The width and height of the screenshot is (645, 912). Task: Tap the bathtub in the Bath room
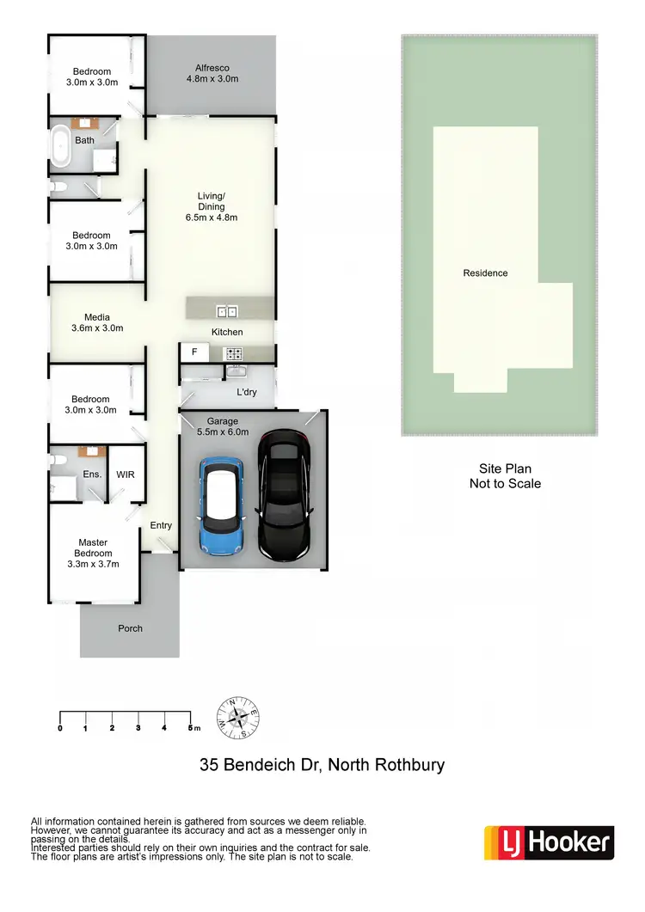(x=62, y=147)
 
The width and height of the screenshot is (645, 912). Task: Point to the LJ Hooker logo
(x=549, y=842)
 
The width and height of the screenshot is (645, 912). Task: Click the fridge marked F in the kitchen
(x=194, y=352)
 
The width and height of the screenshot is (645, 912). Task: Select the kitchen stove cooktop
(x=233, y=352)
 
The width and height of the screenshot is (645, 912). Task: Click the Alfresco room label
(x=212, y=68)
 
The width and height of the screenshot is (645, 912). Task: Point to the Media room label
(x=97, y=317)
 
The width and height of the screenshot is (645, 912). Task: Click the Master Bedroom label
(x=93, y=548)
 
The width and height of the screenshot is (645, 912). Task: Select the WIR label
(x=126, y=474)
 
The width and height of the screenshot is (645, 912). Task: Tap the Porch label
(x=130, y=628)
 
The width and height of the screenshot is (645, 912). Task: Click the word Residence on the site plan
(x=485, y=273)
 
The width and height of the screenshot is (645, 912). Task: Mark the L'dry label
(x=248, y=393)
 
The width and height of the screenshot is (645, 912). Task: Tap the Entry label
(x=161, y=525)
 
